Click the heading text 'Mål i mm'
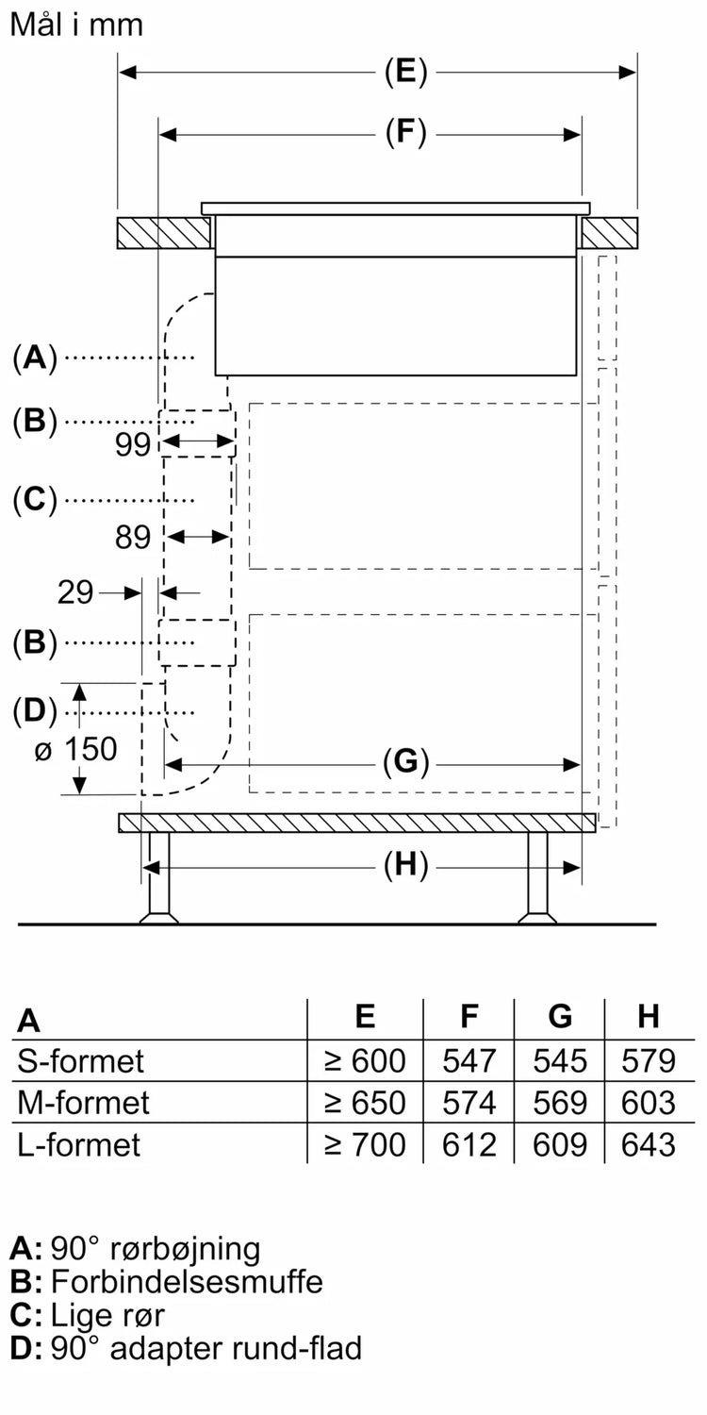76,25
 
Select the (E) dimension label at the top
405,73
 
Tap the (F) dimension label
405,133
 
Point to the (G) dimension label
405,761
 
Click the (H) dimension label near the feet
405,864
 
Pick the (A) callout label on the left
35,358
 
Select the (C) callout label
35,499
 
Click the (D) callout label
35,710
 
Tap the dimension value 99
133,443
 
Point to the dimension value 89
133,537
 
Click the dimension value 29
75,592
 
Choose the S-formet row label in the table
81,1061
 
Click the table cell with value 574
469,1103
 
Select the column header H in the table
648,1017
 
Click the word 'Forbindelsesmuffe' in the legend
187,1282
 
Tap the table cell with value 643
649,1144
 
